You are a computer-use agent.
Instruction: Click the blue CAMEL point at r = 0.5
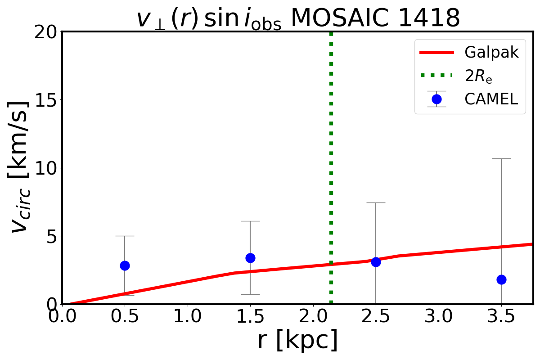pyautogui.click(x=125, y=265)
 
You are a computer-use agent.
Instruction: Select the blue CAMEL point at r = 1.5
pyautogui.click(x=250, y=258)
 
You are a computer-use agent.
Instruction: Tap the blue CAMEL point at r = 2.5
pyautogui.click(x=376, y=262)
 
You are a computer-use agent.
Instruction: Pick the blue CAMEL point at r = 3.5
pyautogui.click(x=501, y=279)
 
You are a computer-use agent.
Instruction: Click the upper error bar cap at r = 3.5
pyautogui.click(x=501, y=158)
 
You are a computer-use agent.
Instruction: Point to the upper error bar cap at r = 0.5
pyautogui.click(x=125, y=236)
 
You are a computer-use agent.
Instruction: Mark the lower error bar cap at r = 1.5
pyautogui.click(x=250, y=294)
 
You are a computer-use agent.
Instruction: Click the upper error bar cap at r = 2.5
pyautogui.click(x=376, y=202)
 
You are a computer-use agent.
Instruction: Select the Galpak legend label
pyautogui.click(x=491, y=53)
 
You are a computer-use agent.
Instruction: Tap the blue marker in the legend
pyautogui.click(x=436, y=99)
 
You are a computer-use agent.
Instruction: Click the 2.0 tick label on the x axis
pyautogui.click(x=313, y=319)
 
